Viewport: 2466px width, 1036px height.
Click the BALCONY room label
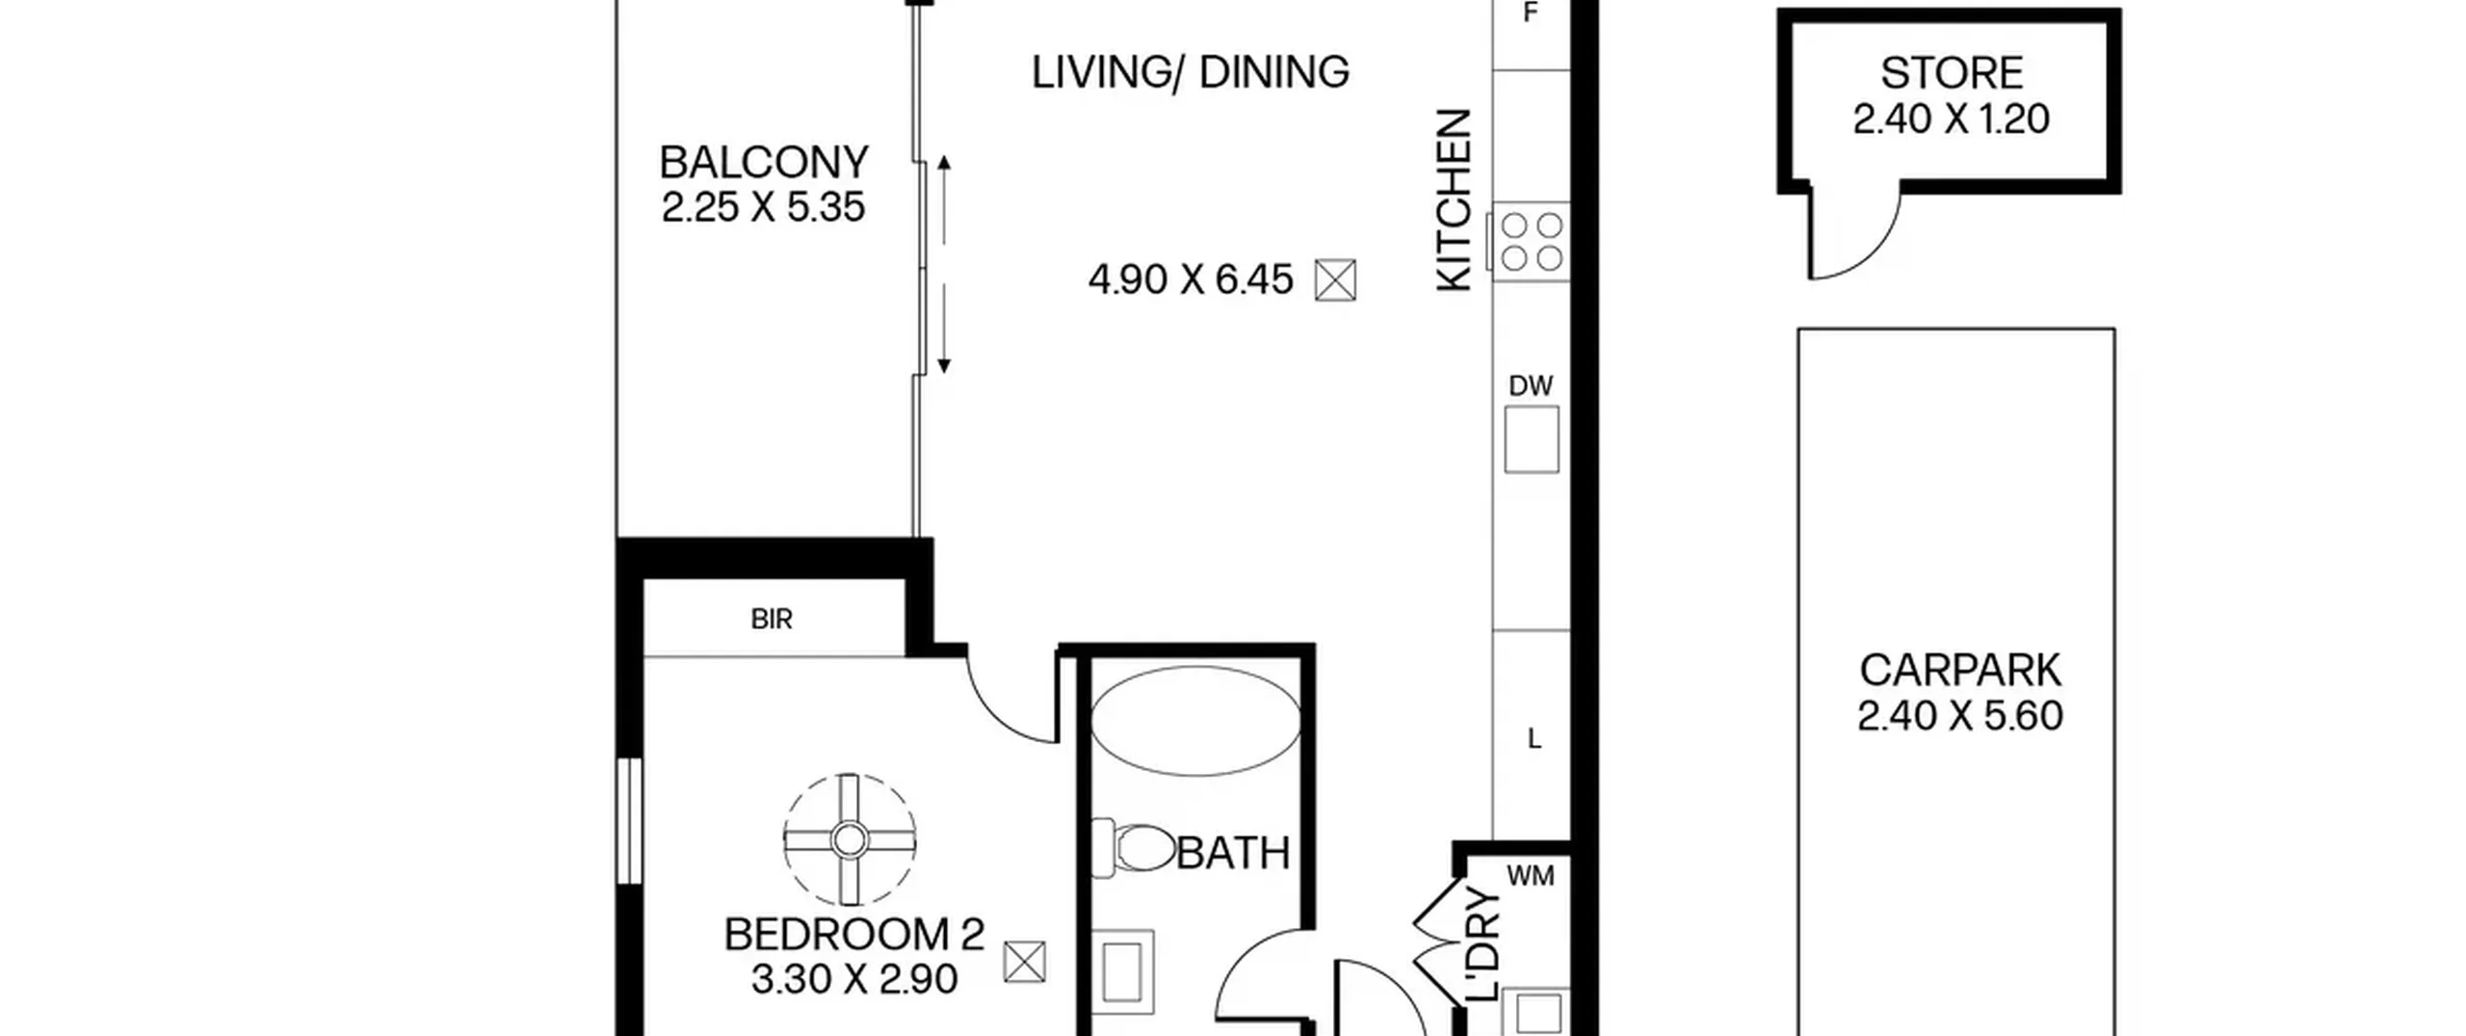(x=764, y=163)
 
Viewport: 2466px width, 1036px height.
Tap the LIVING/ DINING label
(x=1191, y=72)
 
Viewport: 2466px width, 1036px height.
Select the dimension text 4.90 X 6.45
(x=1191, y=280)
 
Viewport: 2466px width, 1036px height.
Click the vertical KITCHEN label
(x=1455, y=199)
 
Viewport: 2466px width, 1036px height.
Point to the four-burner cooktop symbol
(x=1531, y=241)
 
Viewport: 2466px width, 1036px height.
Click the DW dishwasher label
(x=1531, y=386)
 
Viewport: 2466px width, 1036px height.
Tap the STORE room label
(x=1952, y=74)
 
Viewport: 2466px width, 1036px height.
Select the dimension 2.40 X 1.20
(x=1952, y=120)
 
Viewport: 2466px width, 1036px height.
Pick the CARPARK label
(x=1959, y=670)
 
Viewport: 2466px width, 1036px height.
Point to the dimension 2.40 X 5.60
(x=1959, y=716)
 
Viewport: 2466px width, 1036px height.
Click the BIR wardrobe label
(x=772, y=619)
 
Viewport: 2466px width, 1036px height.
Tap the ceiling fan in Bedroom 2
(x=849, y=840)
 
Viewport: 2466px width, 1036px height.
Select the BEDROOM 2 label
(x=853, y=935)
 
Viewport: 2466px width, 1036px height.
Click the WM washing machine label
(x=1530, y=876)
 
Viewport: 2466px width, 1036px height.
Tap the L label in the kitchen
(x=1535, y=739)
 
